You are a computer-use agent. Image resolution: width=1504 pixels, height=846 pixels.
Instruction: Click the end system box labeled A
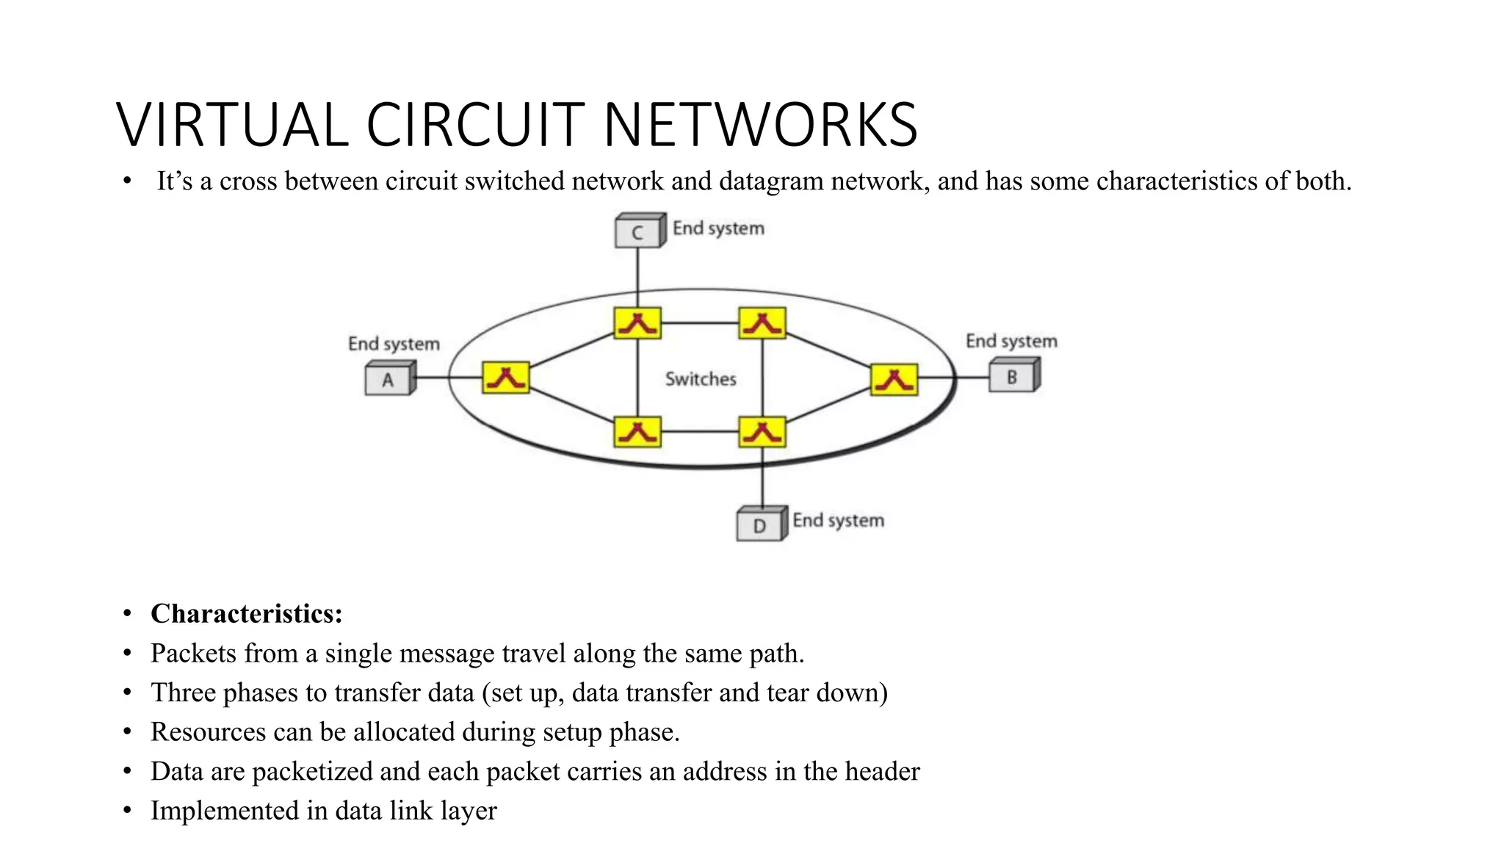tap(388, 380)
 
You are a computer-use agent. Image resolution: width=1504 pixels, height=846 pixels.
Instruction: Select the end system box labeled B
tap(1012, 377)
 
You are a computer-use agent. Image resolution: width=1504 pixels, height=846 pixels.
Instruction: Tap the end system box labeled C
tap(637, 232)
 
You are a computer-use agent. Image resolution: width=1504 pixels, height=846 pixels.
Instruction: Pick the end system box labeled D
tap(759, 525)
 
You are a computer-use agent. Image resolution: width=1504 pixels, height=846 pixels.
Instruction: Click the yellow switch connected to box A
tap(505, 377)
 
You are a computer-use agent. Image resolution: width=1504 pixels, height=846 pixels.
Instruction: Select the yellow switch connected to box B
tap(893, 380)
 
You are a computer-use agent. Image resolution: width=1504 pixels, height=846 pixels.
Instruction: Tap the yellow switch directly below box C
tap(637, 323)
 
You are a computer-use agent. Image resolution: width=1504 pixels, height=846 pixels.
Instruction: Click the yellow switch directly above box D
tap(762, 432)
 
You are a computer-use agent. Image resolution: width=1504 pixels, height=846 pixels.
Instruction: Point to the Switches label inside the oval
tap(700, 379)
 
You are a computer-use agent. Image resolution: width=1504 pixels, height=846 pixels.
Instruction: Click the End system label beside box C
tap(718, 228)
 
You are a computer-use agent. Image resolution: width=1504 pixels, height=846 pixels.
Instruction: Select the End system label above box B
tap(1010, 341)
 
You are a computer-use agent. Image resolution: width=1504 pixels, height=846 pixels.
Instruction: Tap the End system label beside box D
tap(838, 520)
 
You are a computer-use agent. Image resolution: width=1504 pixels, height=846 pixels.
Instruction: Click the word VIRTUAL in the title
tap(232, 125)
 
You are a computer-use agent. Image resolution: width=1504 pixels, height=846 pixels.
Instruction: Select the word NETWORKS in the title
tap(760, 125)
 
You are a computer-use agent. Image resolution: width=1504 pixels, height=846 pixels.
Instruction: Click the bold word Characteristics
tap(246, 614)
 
